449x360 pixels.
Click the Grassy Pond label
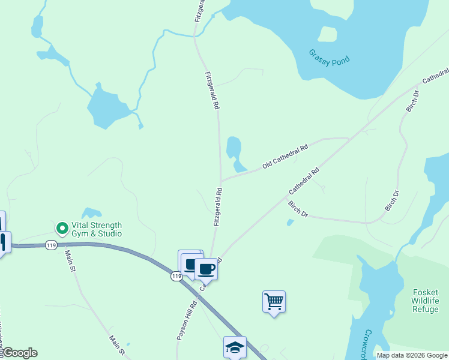click(x=329, y=57)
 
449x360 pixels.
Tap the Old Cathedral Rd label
click(x=285, y=156)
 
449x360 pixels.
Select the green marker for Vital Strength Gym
click(x=62, y=228)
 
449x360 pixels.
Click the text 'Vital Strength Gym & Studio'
click(x=96, y=230)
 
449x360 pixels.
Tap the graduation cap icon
click(x=235, y=346)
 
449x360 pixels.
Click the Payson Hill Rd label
click(x=187, y=319)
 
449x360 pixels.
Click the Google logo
click(x=19, y=353)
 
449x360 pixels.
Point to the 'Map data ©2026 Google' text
click(x=412, y=355)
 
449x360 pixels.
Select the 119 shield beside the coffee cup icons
click(x=176, y=276)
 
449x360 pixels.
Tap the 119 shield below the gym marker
click(x=51, y=245)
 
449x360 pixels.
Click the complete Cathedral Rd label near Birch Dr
click(x=304, y=180)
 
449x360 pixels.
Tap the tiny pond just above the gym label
click(x=92, y=212)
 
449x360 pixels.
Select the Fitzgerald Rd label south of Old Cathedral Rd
click(x=218, y=207)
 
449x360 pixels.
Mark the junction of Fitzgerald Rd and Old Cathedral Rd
click(x=220, y=179)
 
